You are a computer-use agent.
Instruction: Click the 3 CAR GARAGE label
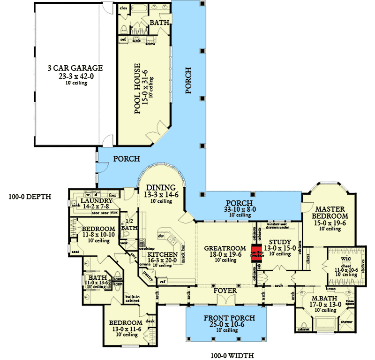click(75, 68)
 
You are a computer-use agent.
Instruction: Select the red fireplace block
click(256, 252)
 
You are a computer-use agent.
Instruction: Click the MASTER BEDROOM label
click(330, 212)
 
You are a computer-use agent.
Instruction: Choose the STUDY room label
click(280, 242)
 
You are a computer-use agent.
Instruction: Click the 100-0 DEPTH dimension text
click(29, 196)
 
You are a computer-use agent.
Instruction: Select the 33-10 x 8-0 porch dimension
click(240, 209)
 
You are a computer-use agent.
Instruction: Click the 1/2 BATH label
click(128, 225)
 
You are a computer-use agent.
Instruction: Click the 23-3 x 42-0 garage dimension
click(75, 76)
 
